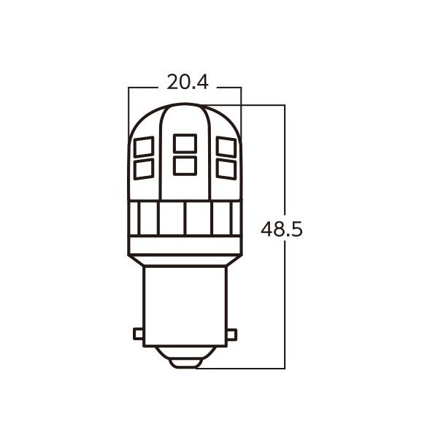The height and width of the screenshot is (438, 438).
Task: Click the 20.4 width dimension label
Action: (x=188, y=82)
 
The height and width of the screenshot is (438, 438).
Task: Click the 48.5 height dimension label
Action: (x=282, y=229)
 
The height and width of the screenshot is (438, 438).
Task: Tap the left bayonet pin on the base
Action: (x=138, y=334)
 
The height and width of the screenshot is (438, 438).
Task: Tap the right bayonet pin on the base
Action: (x=231, y=334)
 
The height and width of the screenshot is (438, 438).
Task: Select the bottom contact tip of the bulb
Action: (x=185, y=362)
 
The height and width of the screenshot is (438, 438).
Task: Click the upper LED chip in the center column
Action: (x=185, y=144)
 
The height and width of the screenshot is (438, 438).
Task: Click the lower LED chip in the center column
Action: (x=185, y=166)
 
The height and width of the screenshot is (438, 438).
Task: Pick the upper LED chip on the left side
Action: (x=144, y=147)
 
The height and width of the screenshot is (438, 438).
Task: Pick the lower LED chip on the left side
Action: (x=144, y=169)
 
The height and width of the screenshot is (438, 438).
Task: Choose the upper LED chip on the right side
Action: (x=226, y=147)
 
